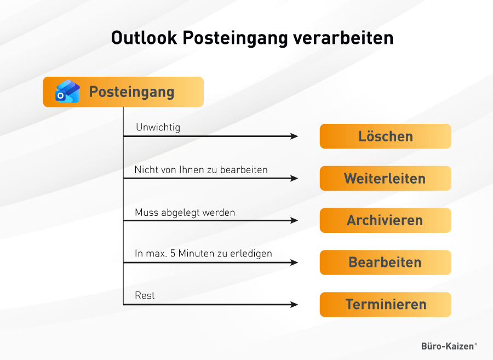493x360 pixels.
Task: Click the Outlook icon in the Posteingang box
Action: [x=67, y=91]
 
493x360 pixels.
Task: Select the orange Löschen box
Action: [x=386, y=136]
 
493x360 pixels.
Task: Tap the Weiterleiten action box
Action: [x=386, y=178]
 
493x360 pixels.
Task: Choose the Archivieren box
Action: [x=386, y=220]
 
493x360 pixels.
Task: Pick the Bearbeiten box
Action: [x=386, y=262]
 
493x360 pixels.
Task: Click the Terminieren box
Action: [x=386, y=304]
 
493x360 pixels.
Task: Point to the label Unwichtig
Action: [x=158, y=128]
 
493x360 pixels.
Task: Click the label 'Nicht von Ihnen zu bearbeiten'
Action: [x=201, y=170]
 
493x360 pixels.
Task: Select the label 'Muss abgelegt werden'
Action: [x=185, y=213]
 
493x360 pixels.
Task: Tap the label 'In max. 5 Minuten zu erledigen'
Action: [x=203, y=254]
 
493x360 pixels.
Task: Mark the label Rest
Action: [x=145, y=295]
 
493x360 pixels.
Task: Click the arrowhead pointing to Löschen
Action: [x=294, y=136]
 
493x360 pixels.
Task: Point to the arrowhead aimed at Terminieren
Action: [x=294, y=304]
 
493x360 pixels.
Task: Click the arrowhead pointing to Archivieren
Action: [x=294, y=220]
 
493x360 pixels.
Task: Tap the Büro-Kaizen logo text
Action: [x=449, y=346]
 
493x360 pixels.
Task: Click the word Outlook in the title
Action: [x=144, y=38]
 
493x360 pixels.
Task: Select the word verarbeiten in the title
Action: [x=343, y=38]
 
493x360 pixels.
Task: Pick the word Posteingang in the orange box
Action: [x=131, y=93]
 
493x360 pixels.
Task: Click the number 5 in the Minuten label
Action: [x=173, y=253]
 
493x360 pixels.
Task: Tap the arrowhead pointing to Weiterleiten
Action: [x=294, y=178]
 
